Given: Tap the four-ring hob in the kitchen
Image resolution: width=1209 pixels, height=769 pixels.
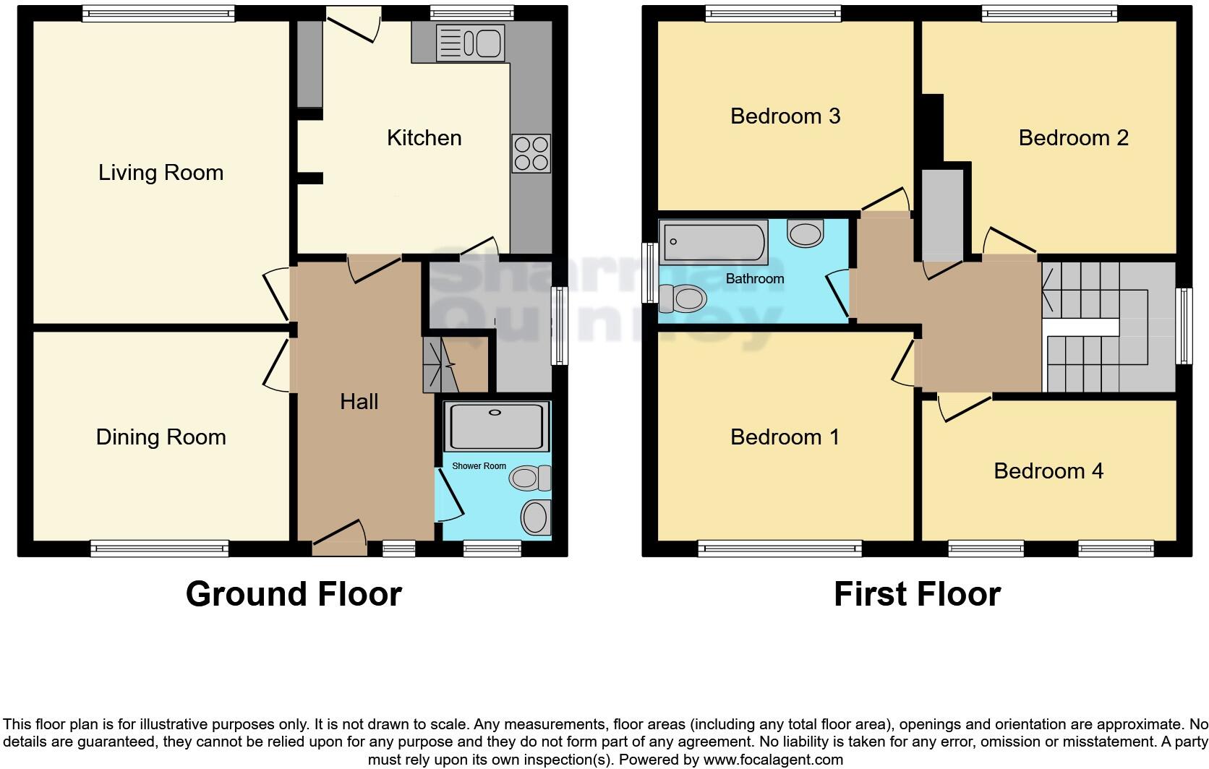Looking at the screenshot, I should click(531, 153).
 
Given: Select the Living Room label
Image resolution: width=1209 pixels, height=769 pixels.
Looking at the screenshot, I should click(161, 173).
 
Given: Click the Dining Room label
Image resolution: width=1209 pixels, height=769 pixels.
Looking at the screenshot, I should click(161, 437).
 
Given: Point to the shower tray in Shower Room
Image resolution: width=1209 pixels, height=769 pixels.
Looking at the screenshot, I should click(495, 427).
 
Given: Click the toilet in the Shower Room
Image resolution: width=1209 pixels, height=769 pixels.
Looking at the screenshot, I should click(530, 478).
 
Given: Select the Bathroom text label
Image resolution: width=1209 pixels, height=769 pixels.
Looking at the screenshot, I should click(754, 279).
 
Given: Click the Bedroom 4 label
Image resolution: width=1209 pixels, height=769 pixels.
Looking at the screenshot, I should click(1048, 471).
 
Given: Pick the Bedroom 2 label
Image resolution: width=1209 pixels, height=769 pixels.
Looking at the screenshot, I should click(1073, 138).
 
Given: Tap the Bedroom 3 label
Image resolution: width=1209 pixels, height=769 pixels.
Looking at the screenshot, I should click(785, 116).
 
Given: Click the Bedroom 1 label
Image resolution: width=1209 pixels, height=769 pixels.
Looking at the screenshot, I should click(785, 437).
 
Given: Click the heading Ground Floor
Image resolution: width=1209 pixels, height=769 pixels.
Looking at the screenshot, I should click(294, 594).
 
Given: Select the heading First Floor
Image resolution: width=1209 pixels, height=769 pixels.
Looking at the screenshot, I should click(917, 594).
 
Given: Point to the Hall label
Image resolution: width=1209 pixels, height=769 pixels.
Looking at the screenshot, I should click(359, 402).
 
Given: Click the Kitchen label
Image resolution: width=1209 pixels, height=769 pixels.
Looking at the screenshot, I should click(424, 138).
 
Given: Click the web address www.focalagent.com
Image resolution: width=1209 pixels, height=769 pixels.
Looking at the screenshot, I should click(772, 760).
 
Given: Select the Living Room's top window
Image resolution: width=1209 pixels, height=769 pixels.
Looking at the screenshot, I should click(158, 14).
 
